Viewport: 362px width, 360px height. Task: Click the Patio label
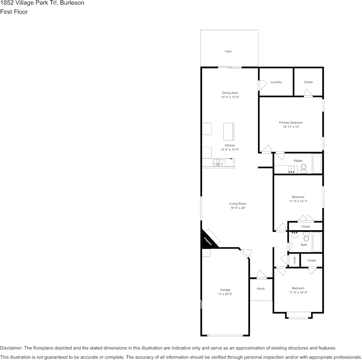228,51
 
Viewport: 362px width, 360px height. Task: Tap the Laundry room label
276,82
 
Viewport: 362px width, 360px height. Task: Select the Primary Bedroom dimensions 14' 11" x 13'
291,127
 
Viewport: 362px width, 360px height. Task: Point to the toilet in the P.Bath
304,169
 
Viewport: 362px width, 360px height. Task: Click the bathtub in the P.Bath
317,164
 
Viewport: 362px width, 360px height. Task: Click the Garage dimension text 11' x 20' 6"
225,294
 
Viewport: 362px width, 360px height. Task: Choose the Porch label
261,289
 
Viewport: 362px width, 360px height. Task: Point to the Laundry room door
262,85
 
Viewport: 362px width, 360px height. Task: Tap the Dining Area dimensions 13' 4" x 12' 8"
230,97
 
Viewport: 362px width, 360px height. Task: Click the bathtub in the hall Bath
317,242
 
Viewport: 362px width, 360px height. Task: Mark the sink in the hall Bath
295,236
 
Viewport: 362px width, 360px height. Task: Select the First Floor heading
14,12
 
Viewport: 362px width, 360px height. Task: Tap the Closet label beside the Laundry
308,82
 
